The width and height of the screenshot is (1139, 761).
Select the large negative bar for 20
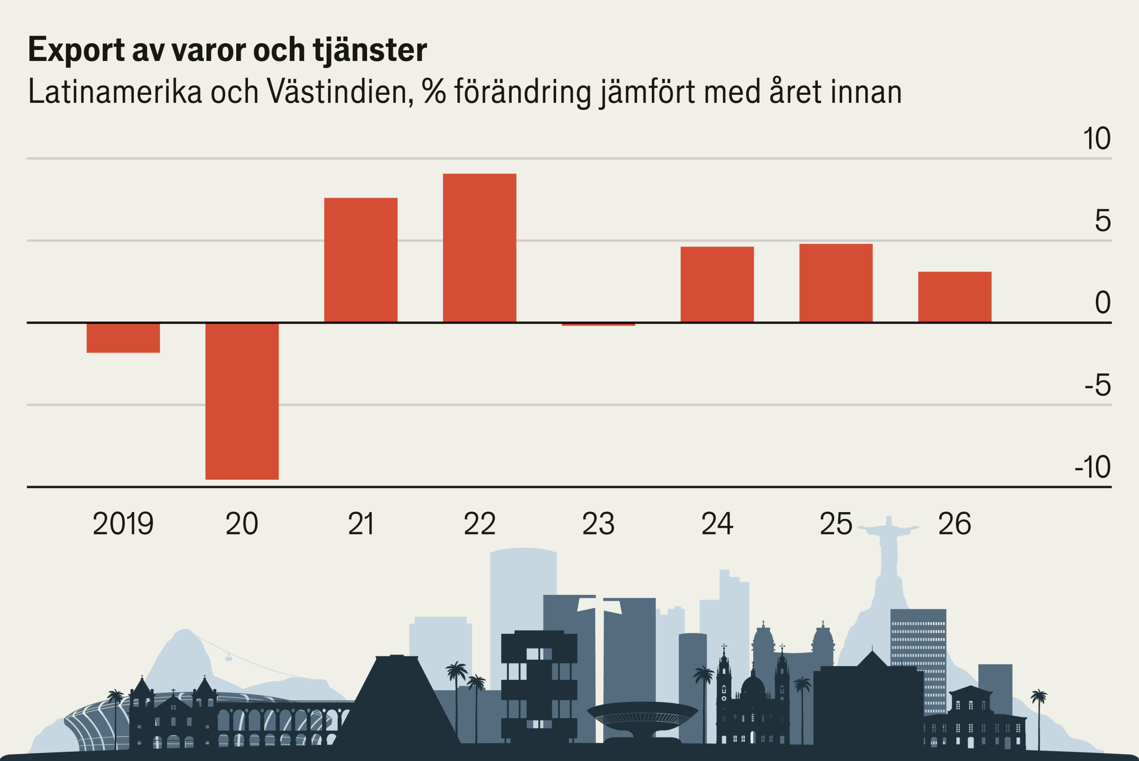coord(242,401)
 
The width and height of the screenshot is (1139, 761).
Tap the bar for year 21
coord(361,260)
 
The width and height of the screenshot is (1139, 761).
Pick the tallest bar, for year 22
coord(480,248)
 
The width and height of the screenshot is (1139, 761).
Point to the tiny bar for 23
coord(598,324)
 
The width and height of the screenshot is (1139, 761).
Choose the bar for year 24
coord(717,285)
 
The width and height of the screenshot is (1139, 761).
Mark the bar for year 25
coord(836,283)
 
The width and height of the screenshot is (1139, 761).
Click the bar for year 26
coord(955,297)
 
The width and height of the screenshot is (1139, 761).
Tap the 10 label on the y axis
coord(1096,139)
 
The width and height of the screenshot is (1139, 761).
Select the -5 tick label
coord(1097,385)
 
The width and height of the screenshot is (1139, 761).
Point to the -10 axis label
coord(1092,467)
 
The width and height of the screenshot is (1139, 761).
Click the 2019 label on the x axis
coord(123,524)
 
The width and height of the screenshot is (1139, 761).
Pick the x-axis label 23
coord(598,524)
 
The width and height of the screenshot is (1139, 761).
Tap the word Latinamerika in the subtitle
coord(115,91)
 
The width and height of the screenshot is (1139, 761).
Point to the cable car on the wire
coord(228,658)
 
